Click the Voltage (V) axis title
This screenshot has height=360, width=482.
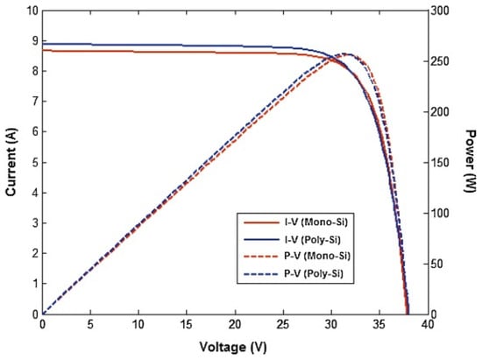point(234,348)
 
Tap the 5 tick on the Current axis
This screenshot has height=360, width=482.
point(33,163)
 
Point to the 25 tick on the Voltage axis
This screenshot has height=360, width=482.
point(283,324)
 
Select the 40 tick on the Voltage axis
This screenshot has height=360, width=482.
point(428,324)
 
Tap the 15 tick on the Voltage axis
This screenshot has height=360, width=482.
point(187,324)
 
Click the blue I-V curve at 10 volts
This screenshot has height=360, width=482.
point(138,45)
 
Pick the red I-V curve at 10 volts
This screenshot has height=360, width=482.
point(138,52)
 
